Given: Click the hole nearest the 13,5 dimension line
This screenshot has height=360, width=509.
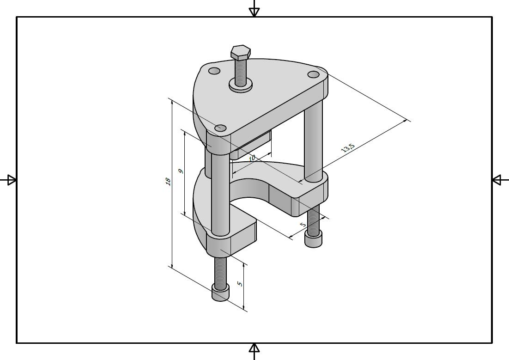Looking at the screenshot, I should click(x=314, y=74).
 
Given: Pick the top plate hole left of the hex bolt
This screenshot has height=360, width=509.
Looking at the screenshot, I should click(x=214, y=71).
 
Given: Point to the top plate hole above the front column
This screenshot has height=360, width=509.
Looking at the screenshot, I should click(x=221, y=128).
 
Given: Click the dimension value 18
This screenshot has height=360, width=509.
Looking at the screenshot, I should click(x=168, y=182).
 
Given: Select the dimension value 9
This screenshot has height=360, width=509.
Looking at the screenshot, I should click(x=181, y=171).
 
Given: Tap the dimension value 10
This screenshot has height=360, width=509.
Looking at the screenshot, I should click(x=252, y=158).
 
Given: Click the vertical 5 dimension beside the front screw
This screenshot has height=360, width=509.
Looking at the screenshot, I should click(x=239, y=284).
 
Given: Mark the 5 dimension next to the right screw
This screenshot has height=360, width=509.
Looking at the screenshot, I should click(x=303, y=225).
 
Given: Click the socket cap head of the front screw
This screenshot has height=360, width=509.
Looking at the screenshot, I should click(x=220, y=292).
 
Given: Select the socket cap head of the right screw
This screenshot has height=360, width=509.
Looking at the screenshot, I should click(x=313, y=239).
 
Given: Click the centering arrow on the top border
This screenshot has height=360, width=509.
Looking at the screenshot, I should click(x=254, y=11).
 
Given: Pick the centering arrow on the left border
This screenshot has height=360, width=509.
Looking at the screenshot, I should click(x=11, y=180).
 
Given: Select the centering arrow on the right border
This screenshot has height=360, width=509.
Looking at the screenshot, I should click(x=497, y=180).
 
